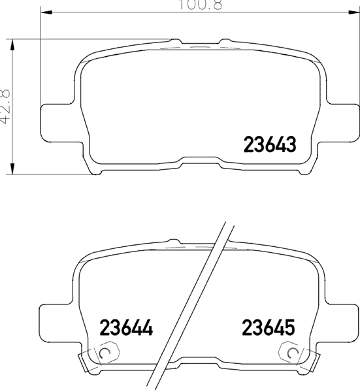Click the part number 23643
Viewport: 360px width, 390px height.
pos(270,144)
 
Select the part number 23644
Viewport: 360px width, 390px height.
pos(126,327)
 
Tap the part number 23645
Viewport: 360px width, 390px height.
pos(269,327)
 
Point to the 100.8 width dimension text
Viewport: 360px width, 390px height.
pos(201,5)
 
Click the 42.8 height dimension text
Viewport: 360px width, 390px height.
pos(5,106)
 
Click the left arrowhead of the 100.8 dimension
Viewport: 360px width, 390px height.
pos(46,12)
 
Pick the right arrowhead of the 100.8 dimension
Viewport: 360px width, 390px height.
pos(354,12)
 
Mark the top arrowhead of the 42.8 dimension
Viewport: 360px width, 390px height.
pos(12,45)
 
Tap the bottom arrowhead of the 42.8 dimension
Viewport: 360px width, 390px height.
pos(12,169)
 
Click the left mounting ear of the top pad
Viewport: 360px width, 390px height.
pos(57,123)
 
